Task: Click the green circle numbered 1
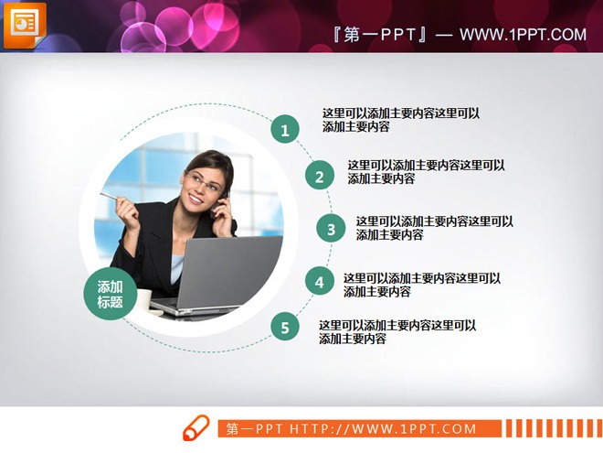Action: [285, 131]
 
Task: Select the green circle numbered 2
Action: [319, 177]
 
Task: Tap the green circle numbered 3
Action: [331, 230]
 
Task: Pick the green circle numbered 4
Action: [319, 283]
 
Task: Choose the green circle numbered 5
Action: [285, 327]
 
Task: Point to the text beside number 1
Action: [400, 120]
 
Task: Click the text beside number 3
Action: [434, 228]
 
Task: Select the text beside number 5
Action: [397, 331]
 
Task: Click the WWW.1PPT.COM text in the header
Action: [522, 36]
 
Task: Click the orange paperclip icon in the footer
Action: [196, 428]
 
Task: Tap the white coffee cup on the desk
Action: [143, 300]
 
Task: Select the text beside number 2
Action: [426, 172]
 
